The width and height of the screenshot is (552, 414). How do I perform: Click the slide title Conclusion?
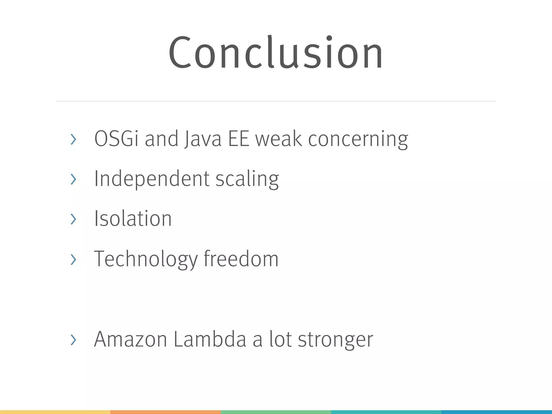[275, 52]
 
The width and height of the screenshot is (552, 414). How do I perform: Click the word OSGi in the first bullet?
[116, 139]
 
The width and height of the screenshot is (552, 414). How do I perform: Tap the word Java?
[203, 139]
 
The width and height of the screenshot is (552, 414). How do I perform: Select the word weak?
[279, 139]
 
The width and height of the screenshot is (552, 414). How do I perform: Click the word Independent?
[152, 179]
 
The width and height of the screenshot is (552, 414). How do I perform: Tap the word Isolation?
[133, 219]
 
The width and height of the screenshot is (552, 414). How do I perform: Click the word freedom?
[241, 259]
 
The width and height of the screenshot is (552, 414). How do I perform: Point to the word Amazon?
[130, 339]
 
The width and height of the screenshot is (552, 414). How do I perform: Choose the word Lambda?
[210, 339]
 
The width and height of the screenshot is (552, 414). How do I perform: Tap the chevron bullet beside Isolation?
[73, 219]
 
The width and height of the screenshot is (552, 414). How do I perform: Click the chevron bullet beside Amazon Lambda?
[73, 340]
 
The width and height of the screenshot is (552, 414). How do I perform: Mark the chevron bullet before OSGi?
[73, 139]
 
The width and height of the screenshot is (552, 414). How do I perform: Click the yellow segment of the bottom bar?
[55, 412]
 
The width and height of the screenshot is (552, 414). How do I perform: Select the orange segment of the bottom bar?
[165, 412]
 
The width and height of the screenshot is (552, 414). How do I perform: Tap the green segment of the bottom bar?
[276, 412]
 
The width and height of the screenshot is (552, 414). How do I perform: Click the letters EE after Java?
[239, 139]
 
